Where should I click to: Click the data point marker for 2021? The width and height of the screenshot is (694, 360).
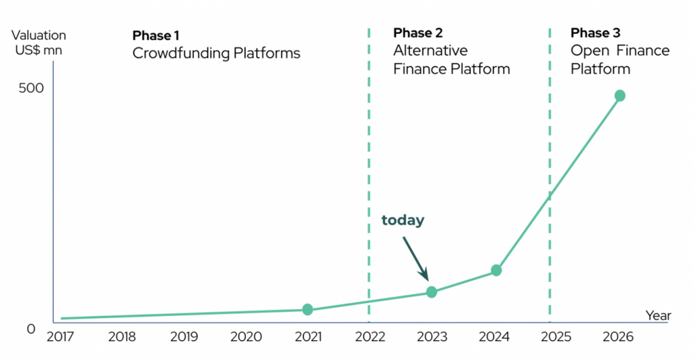[x=308, y=310]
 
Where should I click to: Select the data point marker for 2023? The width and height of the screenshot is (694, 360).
[x=432, y=292]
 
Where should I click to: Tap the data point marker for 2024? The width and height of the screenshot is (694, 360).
[x=496, y=270]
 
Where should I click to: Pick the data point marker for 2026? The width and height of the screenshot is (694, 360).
[x=619, y=96]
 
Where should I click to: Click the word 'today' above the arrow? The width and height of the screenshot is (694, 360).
[x=403, y=220]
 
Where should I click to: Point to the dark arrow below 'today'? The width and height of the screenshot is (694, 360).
[x=415, y=258]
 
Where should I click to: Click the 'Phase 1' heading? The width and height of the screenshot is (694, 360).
[x=155, y=35]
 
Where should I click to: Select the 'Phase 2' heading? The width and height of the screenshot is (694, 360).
[x=417, y=33]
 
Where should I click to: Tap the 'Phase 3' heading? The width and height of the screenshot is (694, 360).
[x=595, y=33]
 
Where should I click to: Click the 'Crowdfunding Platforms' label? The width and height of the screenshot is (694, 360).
[x=216, y=53]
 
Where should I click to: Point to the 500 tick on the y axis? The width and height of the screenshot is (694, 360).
[x=31, y=88]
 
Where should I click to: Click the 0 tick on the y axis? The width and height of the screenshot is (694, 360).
[x=30, y=329]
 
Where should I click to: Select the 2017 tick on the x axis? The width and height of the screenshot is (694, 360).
[x=60, y=337]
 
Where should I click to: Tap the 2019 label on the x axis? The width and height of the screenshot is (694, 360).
[x=184, y=337]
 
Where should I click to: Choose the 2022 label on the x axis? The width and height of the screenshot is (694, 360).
[x=370, y=337]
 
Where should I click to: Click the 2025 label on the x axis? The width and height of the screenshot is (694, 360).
[x=556, y=337]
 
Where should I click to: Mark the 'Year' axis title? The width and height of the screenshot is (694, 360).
[x=658, y=315]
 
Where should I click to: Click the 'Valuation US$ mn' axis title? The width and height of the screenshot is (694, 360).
[x=39, y=43]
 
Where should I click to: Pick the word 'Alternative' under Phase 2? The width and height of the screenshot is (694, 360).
[x=430, y=51]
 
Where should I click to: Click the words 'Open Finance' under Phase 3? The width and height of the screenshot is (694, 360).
[x=619, y=51]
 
